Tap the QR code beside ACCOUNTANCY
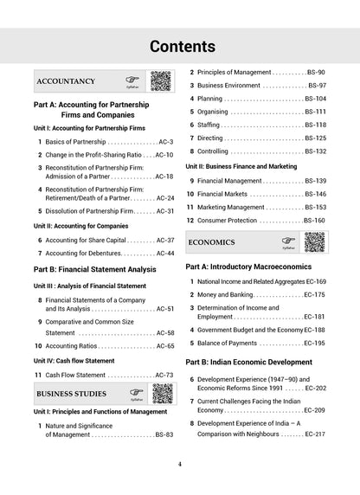[x=161, y=80]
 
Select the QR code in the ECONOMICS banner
[x=314, y=241]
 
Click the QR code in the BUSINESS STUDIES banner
[x=161, y=394]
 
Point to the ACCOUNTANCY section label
[x=67, y=81]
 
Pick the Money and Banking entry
[x=225, y=295]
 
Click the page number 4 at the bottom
[x=179, y=464]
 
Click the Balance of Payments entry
[x=234, y=343]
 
